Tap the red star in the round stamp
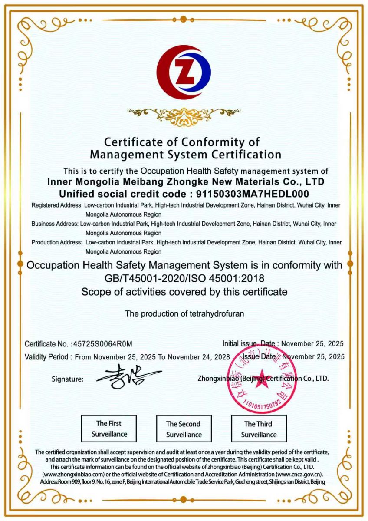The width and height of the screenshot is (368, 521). (x=262, y=377)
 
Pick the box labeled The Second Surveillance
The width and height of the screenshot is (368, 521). (x=184, y=429)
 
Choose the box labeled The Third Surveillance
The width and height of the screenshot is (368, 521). (x=259, y=429)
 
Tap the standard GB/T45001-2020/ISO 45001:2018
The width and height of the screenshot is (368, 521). (x=184, y=277)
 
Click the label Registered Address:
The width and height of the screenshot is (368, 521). (x=57, y=205)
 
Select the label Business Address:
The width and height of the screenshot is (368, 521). (x=55, y=224)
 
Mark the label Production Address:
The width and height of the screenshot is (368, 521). (x=56, y=242)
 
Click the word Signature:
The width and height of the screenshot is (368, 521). (x=67, y=379)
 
